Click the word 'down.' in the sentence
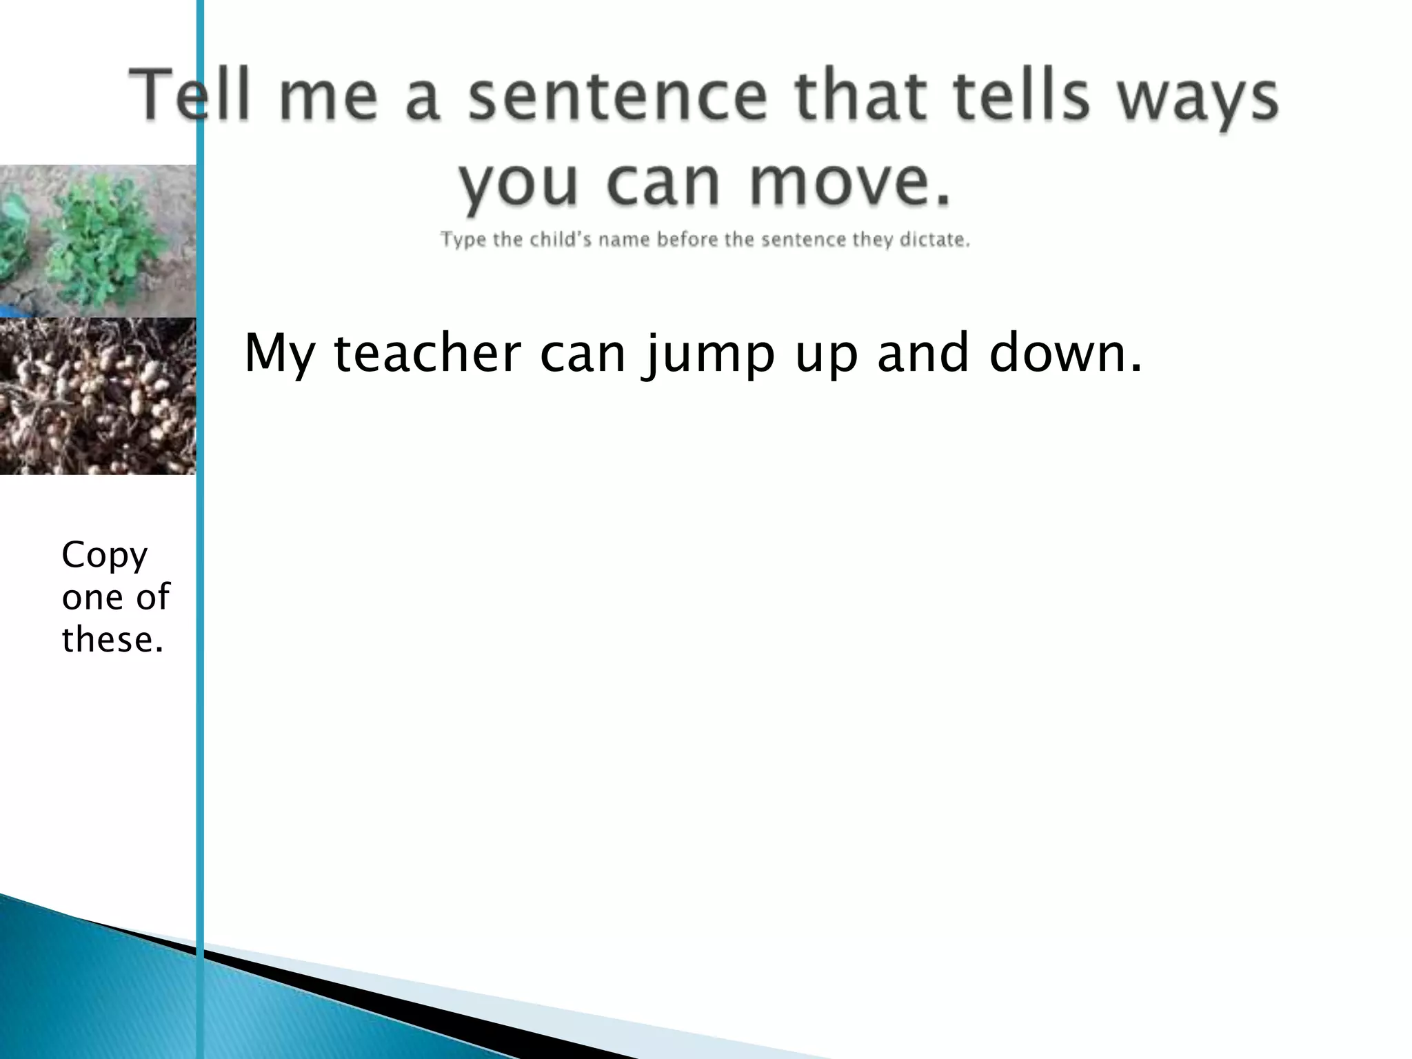click(x=1066, y=353)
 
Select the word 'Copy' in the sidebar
click(x=105, y=556)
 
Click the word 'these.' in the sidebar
click(x=113, y=639)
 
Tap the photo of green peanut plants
click(x=97, y=240)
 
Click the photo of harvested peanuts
click(x=97, y=396)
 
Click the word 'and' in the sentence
click(x=923, y=353)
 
